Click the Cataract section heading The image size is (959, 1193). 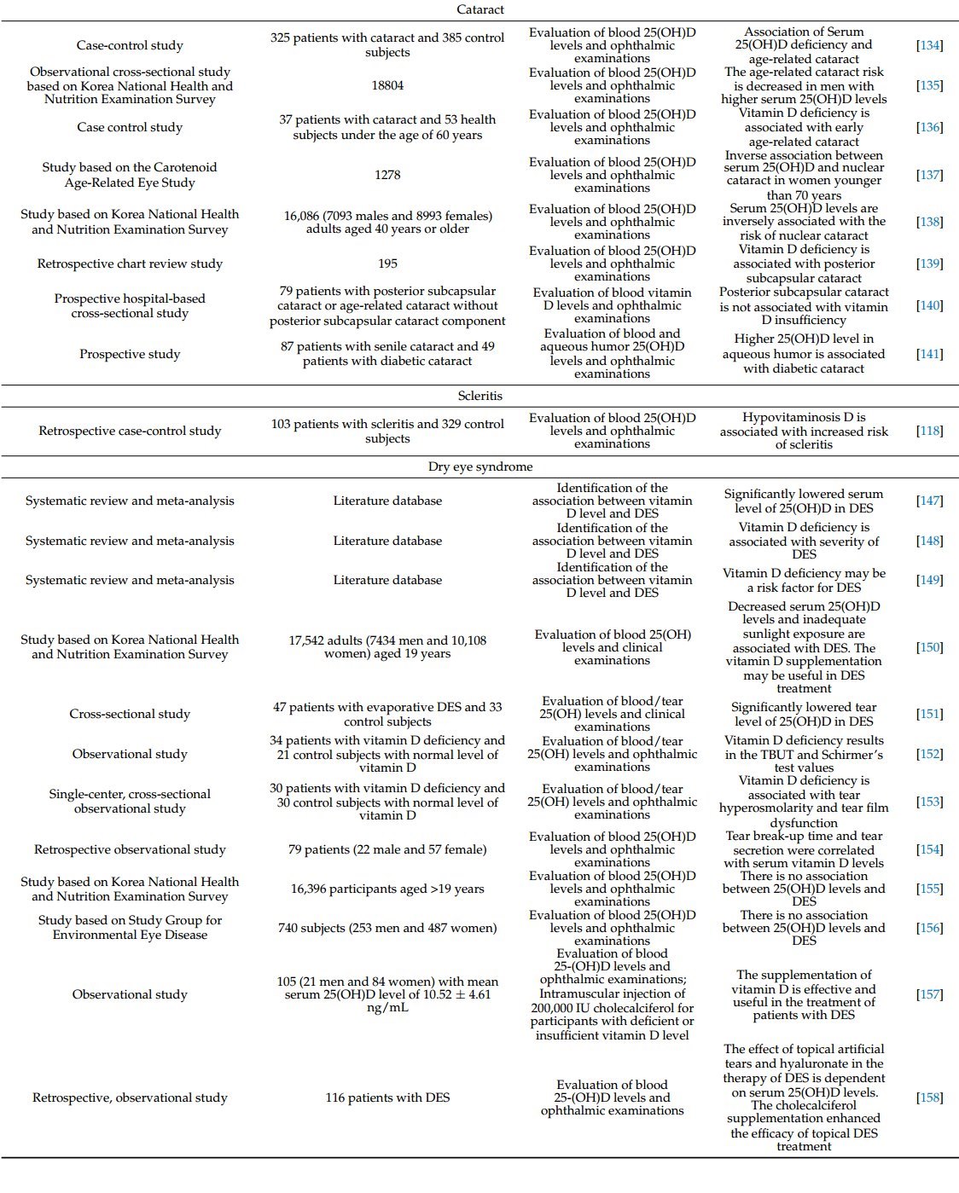[x=480, y=9]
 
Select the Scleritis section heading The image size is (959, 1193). [x=480, y=396]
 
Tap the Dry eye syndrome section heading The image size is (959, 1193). [x=480, y=466]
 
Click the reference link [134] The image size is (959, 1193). [x=929, y=45]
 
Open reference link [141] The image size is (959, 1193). [x=929, y=354]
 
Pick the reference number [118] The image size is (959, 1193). [x=929, y=431]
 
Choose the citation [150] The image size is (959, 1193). [x=929, y=647]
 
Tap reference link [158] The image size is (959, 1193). [x=929, y=1097]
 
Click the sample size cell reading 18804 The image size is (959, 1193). [x=387, y=85]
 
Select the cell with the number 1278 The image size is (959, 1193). [x=387, y=175]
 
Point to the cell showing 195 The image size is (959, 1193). [x=387, y=264]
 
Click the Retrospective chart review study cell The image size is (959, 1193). [x=130, y=264]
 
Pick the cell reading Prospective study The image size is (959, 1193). [x=130, y=354]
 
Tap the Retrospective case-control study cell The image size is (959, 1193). [x=130, y=431]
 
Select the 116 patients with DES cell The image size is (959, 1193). [x=387, y=1097]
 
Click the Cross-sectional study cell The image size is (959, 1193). [x=130, y=714]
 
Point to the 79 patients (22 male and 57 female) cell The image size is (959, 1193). [x=387, y=849]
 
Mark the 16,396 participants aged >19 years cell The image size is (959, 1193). [x=387, y=889]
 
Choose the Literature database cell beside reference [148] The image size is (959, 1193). [x=387, y=541]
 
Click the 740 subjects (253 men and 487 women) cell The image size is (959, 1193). [x=387, y=928]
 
